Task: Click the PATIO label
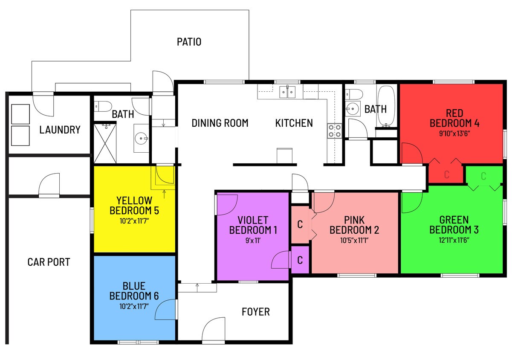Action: [189, 42]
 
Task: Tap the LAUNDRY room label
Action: [60, 130]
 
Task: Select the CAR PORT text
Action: [48, 262]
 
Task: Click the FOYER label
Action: [255, 312]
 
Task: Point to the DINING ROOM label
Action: [220, 123]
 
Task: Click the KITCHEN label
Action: [294, 123]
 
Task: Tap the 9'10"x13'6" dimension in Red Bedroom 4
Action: [454, 133]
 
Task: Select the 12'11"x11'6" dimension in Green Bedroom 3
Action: [454, 240]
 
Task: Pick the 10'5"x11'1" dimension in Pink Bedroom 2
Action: [354, 240]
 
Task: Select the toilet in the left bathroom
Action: [102, 106]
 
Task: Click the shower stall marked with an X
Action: [104, 143]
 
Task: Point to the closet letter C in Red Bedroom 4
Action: [446, 174]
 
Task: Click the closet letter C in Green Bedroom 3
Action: [483, 176]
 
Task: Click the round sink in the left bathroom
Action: [141, 138]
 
